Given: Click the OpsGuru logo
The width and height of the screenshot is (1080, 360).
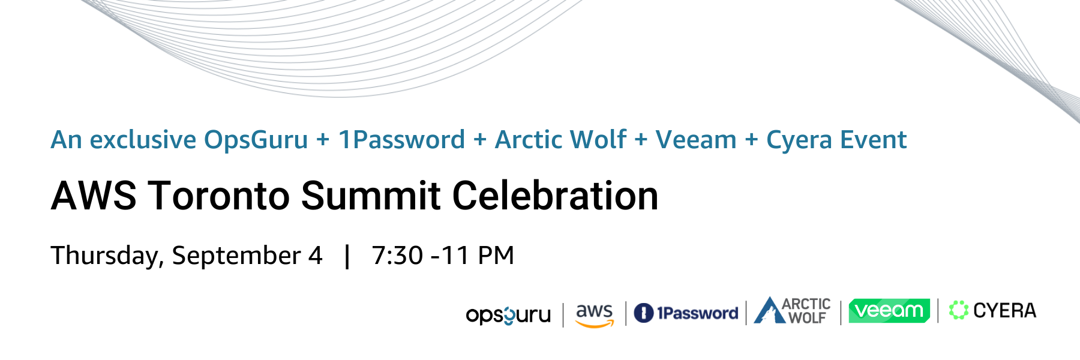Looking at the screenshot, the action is pos(508,315).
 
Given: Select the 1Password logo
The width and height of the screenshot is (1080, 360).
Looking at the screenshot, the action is pos(686,313).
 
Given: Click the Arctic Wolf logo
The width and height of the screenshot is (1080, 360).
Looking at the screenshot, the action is pos(792,310).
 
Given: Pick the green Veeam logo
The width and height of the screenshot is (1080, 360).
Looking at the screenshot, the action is pos(889,310).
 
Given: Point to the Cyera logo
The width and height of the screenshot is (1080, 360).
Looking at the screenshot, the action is pos(992,310).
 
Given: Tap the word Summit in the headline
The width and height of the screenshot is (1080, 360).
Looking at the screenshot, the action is pos(371,196).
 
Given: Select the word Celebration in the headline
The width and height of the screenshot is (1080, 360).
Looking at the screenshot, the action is pos(555,196).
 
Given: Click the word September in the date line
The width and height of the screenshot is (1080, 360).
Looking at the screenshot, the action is pos(236,256).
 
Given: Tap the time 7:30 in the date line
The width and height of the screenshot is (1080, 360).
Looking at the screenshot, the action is pos(397,256).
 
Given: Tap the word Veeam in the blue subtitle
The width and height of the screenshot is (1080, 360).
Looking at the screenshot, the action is pos(696,140).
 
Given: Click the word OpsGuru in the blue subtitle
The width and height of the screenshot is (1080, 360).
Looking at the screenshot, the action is pos(256,140).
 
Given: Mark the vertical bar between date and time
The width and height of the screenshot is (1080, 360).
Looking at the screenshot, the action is pos(347,256).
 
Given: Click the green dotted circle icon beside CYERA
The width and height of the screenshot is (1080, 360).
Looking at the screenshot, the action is pos(959,310).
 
